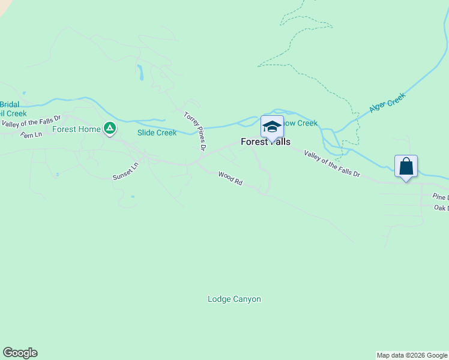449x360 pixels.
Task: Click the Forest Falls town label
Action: (265, 142)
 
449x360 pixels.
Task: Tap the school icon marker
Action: (272, 127)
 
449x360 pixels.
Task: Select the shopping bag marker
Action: (406, 166)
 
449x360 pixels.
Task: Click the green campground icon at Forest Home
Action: (109, 128)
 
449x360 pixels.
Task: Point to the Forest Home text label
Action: (76, 129)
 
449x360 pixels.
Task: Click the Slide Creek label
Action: (157, 133)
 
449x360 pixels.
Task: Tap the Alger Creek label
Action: (387, 103)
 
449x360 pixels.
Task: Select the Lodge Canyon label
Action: (234, 299)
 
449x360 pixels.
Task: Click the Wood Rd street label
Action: (230, 178)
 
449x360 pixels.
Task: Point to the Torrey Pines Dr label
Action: (196, 131)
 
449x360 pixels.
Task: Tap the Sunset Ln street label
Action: (125, 171)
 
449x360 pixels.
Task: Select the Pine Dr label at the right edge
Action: (441, 196)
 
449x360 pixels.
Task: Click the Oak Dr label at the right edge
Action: (441, 208)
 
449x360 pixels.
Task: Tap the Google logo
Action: (20, 353)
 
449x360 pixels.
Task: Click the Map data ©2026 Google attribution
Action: (412, 355)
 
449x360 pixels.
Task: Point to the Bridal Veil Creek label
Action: (12, 109)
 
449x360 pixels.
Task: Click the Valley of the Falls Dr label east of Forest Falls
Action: (332, 164)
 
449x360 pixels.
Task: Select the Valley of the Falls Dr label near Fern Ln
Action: (31, 122)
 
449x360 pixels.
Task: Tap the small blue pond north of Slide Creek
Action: (140, 73)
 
